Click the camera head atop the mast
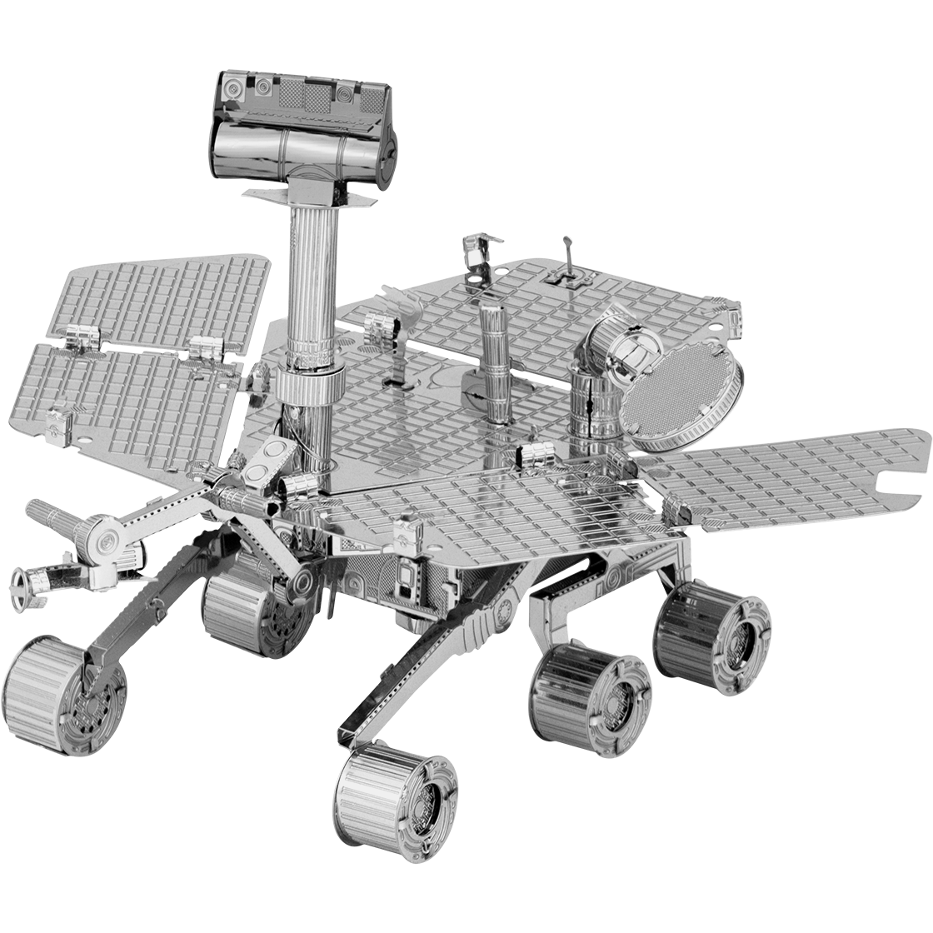point(303,125)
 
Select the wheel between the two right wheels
point(588,688)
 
